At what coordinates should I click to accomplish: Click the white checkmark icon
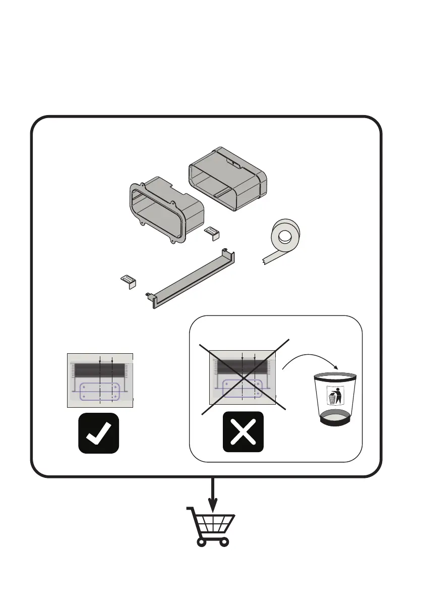[99, 433]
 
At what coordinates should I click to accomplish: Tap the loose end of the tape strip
[267, 260]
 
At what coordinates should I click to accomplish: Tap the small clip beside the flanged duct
[211, 233]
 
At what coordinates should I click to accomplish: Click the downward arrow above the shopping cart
[213, 497]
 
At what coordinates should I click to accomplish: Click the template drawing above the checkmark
[100, 379]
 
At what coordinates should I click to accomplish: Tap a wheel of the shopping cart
[201, 542]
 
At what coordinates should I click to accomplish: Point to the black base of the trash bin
[336, 419]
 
